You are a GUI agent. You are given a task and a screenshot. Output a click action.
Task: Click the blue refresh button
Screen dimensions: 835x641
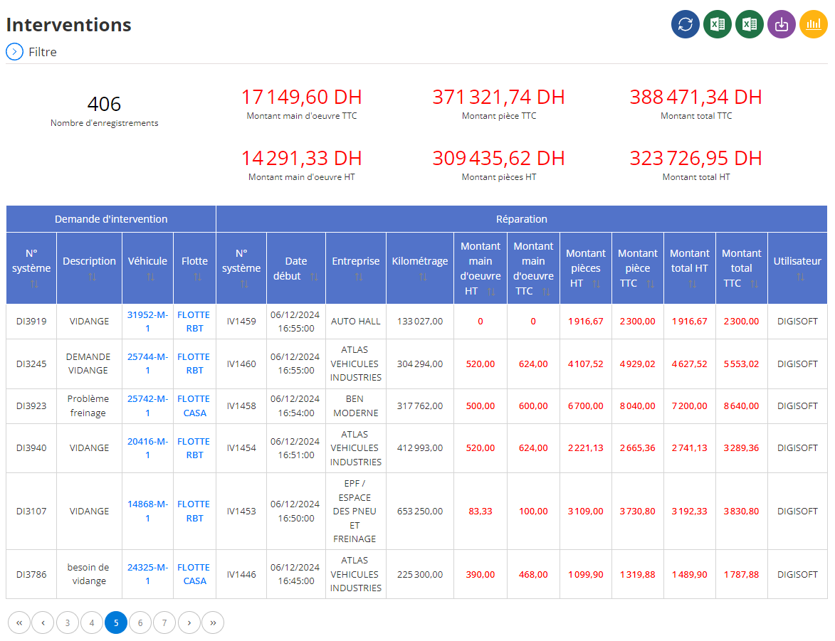(686, 24)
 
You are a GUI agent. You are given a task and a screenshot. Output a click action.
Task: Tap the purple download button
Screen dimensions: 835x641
(781, 24)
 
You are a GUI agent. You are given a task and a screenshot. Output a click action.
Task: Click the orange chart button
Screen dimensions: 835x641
(813, 24)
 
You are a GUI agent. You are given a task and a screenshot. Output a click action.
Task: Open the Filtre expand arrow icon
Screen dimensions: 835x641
(14, 52)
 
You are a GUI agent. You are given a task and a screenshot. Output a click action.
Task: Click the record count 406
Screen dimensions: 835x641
(104, 104)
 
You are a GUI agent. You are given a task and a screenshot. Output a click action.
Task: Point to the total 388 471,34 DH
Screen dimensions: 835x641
(695, 97)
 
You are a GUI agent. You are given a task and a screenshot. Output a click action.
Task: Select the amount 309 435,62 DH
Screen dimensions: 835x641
(498, 158)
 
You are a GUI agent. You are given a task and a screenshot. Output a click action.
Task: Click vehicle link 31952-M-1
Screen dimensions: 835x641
(147, 322)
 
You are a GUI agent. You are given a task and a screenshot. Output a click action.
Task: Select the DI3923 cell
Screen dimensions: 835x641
(31, 406)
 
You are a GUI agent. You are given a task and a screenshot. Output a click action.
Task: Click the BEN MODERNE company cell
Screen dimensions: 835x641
(355, 406)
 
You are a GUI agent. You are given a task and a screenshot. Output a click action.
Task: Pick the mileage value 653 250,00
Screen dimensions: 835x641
(419, 511)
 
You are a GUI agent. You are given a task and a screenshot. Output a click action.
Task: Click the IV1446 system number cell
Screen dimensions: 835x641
(241, 574)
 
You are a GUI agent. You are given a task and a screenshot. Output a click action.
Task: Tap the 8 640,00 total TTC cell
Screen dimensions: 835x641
(741, 406)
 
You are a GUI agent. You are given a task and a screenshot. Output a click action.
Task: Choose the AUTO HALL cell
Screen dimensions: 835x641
(355, 322)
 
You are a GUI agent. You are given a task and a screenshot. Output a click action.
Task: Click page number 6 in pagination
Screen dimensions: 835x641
(140, 623)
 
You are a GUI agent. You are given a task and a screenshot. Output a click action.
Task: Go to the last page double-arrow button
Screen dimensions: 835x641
(213, 623)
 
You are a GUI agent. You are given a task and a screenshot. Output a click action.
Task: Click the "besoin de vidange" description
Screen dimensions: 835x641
(88, 574)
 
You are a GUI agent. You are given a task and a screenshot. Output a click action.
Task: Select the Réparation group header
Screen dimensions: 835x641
(521, 219)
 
